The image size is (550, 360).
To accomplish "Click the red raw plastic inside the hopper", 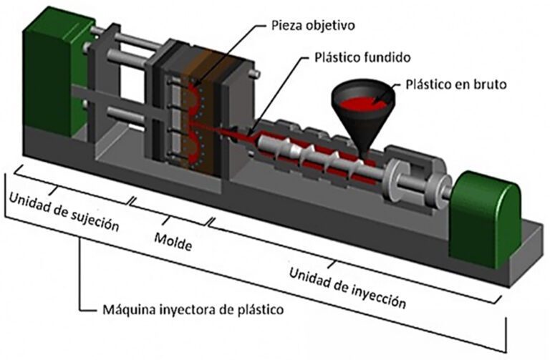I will (362, 104).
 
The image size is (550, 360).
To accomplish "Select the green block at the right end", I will (489, 218).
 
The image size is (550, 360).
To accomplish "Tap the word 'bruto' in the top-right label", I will (490, 84).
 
